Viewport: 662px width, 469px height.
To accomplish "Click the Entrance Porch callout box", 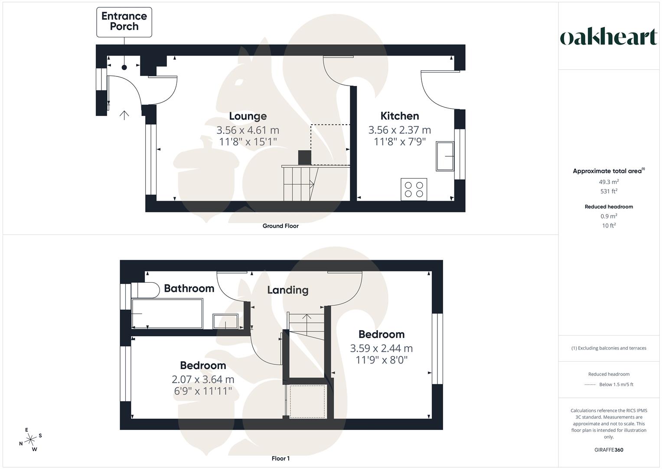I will click(124, 22).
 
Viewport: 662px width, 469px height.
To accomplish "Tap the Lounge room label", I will click(248, 116).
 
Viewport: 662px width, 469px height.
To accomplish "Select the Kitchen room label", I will click(399, 116).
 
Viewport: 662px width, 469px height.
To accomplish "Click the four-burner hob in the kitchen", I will click(414, 189).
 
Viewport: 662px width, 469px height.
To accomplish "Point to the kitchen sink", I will click(445, 156).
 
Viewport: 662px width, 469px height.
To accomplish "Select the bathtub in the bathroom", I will click(167, 313).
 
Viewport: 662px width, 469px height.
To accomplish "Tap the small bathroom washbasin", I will click(225, 321).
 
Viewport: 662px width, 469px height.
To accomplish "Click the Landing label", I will click(287, 290).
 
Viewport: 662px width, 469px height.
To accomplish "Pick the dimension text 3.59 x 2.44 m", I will click(381, 348).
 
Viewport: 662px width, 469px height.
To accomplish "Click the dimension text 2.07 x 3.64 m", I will click(203, 380).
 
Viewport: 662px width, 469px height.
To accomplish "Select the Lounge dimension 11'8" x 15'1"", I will click(248, 142).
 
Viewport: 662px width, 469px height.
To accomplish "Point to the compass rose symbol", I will click(30, 440).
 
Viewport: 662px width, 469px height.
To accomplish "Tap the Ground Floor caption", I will click(280, 226).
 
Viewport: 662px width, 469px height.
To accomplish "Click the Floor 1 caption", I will click(280, 459).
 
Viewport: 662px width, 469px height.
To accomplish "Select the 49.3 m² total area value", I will click(609, 182).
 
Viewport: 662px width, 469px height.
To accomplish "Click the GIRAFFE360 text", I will click(609, 450).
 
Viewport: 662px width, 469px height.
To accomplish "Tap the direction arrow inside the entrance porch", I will click(124, 115).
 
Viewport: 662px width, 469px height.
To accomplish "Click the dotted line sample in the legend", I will click(590, 385).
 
